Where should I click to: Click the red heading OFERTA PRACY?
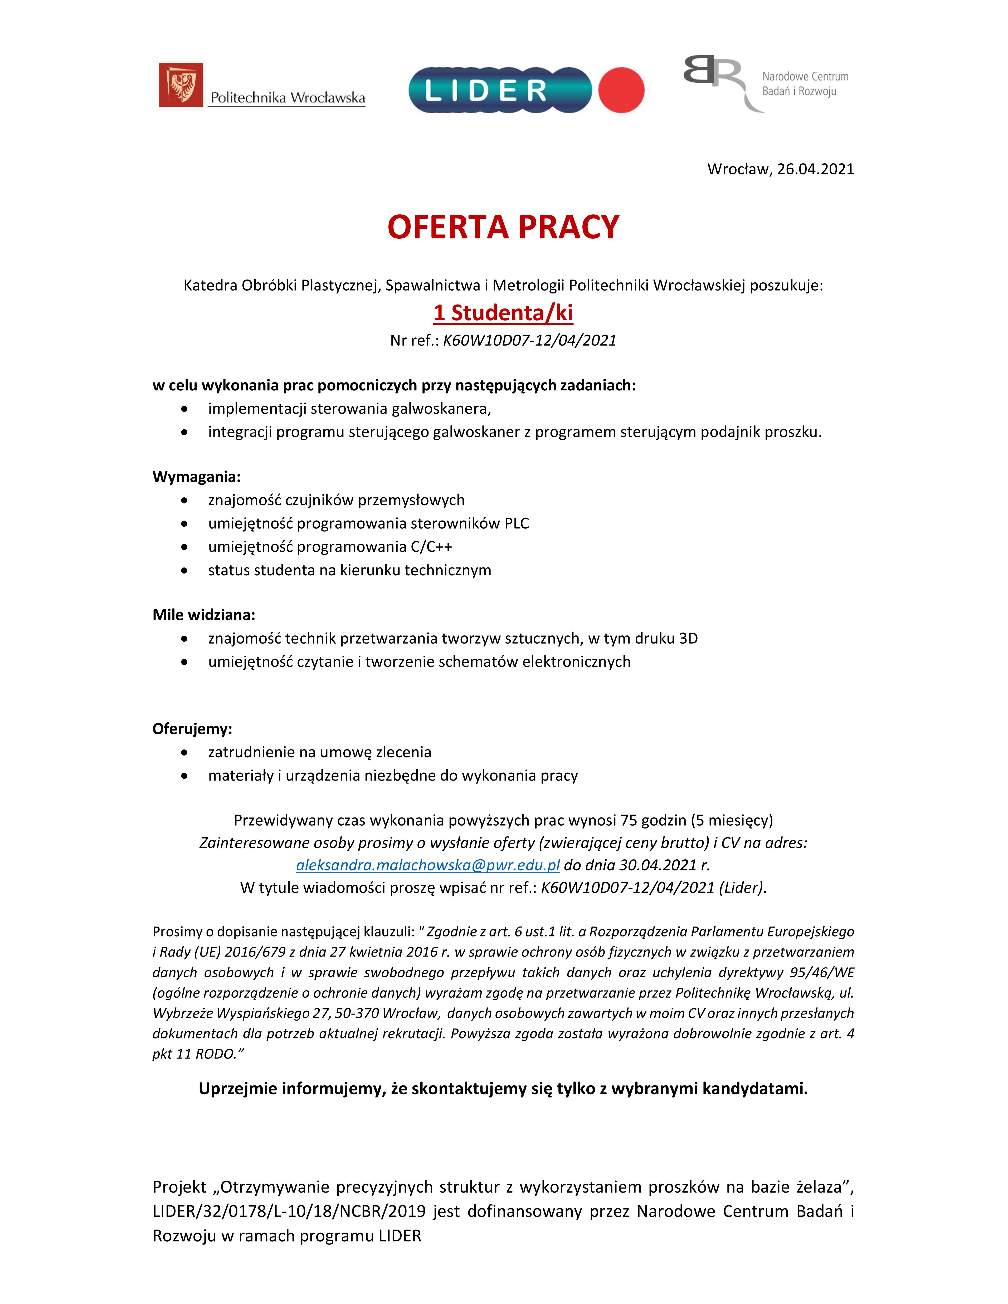[503, 228]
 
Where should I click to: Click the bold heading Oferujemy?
[192, 728]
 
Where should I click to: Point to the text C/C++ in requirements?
[431, 546]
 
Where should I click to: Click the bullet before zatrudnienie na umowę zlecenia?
[184, 752]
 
